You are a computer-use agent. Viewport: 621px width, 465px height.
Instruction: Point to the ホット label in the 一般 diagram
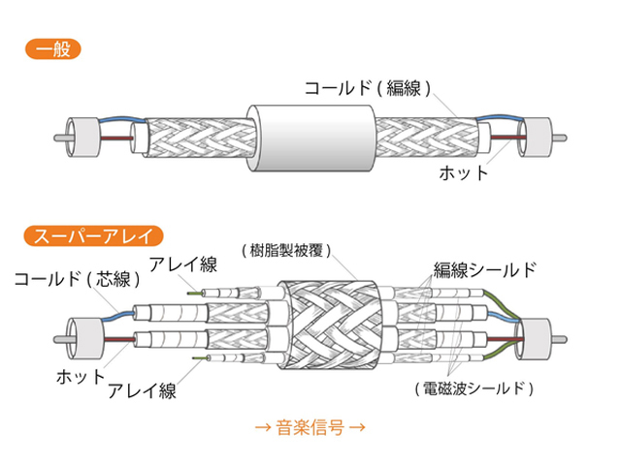tap(464, 174)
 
